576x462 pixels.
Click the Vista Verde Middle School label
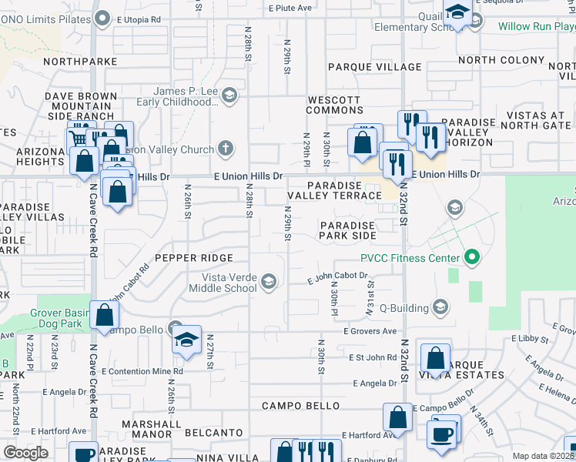coord(229,283)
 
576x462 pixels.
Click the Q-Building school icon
coord(440,308)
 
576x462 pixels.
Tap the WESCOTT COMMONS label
coord(334,105)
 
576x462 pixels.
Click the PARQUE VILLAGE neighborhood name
coord(375,67)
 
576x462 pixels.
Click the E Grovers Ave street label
coord(370,331)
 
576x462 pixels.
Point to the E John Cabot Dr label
coord(338,276)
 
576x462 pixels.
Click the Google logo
coord(25,452)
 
